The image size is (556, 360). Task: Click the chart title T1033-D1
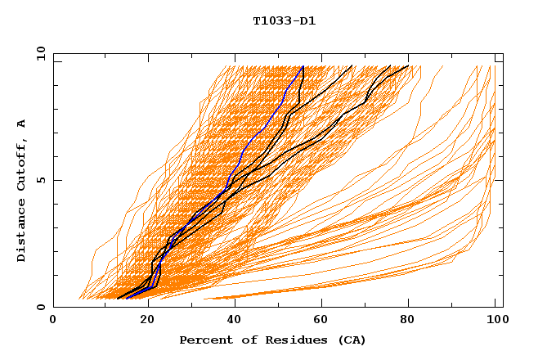(x=284, y=20)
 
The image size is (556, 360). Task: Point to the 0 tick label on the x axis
(x=53, y=321)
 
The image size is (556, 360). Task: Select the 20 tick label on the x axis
(x=142, y=321)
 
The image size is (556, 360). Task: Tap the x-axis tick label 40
(x=231, y=321)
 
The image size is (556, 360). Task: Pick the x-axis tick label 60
(x=320, y=321)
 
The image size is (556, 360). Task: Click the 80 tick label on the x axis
(x=408, y=321)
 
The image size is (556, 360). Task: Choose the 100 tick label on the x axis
(x=496, y=321)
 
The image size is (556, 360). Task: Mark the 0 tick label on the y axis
(x=41, y=308)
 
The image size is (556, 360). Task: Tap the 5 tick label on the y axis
(x=41, y=180)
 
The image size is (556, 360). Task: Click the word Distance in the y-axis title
(x=22, y=234)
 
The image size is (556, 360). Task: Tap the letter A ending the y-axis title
(x=22, y=124)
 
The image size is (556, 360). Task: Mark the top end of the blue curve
(x=303, y=66)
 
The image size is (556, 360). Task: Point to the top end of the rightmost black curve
(x=408, y=66)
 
